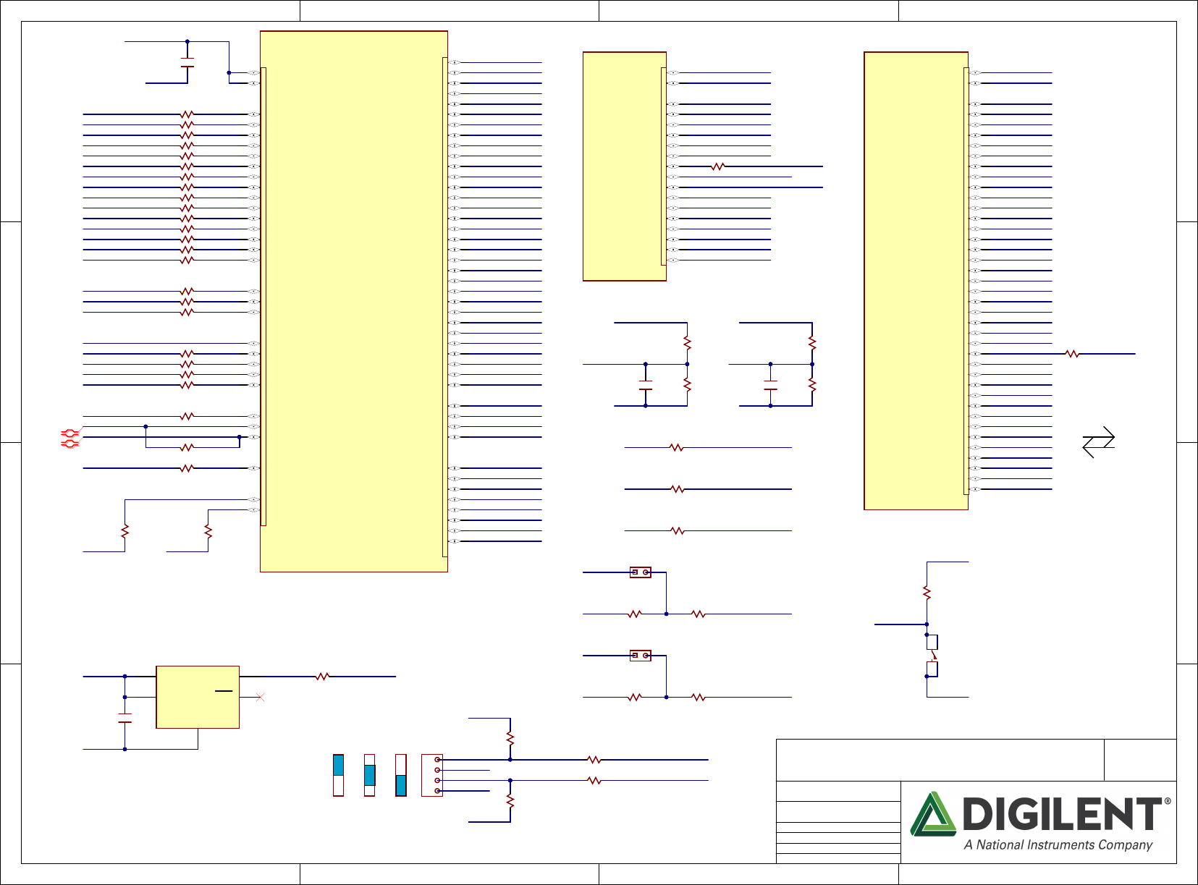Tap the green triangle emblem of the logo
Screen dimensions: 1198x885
click(933, 814)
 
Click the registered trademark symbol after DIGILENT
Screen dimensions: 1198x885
click(1167, 801)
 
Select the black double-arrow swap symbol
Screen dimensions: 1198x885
click(1099, 442)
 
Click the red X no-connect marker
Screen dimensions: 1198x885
click(261, 698)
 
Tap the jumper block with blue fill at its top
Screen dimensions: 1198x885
click(338, 776)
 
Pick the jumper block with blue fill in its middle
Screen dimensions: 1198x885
click(369, 776)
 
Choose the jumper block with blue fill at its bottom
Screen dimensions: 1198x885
click(401, 776)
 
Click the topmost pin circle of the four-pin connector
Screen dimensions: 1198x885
click(437, 760)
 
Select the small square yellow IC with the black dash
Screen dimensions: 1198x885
click(198, 697)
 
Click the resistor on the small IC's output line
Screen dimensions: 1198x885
click(322, 677)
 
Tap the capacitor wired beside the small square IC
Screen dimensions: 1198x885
click(125, 718)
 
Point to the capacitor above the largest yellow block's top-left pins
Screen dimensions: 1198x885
click(187, 62)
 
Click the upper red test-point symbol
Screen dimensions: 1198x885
click(70, 433)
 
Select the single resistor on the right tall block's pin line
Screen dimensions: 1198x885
click(1072, 354)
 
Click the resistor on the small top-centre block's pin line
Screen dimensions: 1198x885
click(718, 167)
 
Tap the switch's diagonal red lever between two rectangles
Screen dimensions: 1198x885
click(933, 655)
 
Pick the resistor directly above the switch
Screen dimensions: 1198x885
click(927, 593)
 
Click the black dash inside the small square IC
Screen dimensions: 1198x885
click(224, 691)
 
